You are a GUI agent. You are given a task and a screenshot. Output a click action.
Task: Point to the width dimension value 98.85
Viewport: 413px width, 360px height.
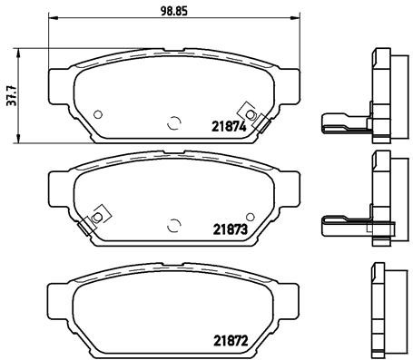(x=173, y=10)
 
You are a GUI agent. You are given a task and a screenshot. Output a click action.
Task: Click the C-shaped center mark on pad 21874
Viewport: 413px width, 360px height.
(x=173, y=122)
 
